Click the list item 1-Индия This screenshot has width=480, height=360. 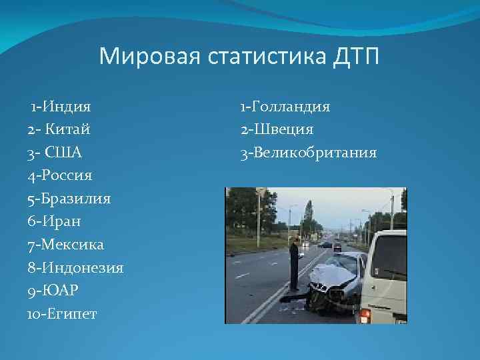tap(61, 106)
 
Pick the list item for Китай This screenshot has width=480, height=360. tap(59, 129)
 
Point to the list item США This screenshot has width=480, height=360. tap(55, 153)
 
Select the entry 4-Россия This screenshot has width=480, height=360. tap(60, 176)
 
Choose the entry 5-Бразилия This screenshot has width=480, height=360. tap(69, 199)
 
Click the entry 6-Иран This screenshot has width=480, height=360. tap(56, 222)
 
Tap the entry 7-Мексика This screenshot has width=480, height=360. tap(66, 245)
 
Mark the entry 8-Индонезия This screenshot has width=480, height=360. tap(75, 268)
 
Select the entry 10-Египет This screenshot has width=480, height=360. tap(62, 314)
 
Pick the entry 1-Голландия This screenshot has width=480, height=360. tap(285, 106)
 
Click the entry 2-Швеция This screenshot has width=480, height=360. tap(277, 129)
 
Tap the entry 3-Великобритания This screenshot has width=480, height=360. tap(309, 153)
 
